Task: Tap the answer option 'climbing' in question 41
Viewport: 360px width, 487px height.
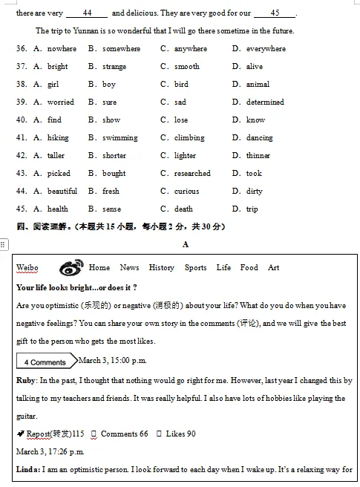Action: (189, 138)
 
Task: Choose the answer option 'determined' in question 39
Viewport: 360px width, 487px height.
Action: (265, 102)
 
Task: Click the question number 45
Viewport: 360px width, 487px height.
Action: (21, 209)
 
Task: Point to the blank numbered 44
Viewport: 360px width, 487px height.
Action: (87, 13)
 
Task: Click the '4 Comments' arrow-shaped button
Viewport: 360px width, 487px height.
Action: (46, 362)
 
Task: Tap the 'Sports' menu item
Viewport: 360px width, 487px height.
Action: (196, 268)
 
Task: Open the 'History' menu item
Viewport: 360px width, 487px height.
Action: (161, 268)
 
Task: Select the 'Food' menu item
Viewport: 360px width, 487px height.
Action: (249, 268)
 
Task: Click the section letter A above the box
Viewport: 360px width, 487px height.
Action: (185, 244)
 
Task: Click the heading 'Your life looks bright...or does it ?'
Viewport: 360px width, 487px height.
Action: (76, 287)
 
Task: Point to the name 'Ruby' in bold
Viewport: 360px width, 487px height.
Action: (26, 381)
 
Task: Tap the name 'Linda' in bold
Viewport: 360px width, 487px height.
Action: (28, 470)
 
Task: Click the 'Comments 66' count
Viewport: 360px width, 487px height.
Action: (124, 434)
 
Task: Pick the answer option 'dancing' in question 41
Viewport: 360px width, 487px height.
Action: (259, 138)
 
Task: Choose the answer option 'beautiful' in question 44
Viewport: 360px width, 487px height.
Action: (62, 192)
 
